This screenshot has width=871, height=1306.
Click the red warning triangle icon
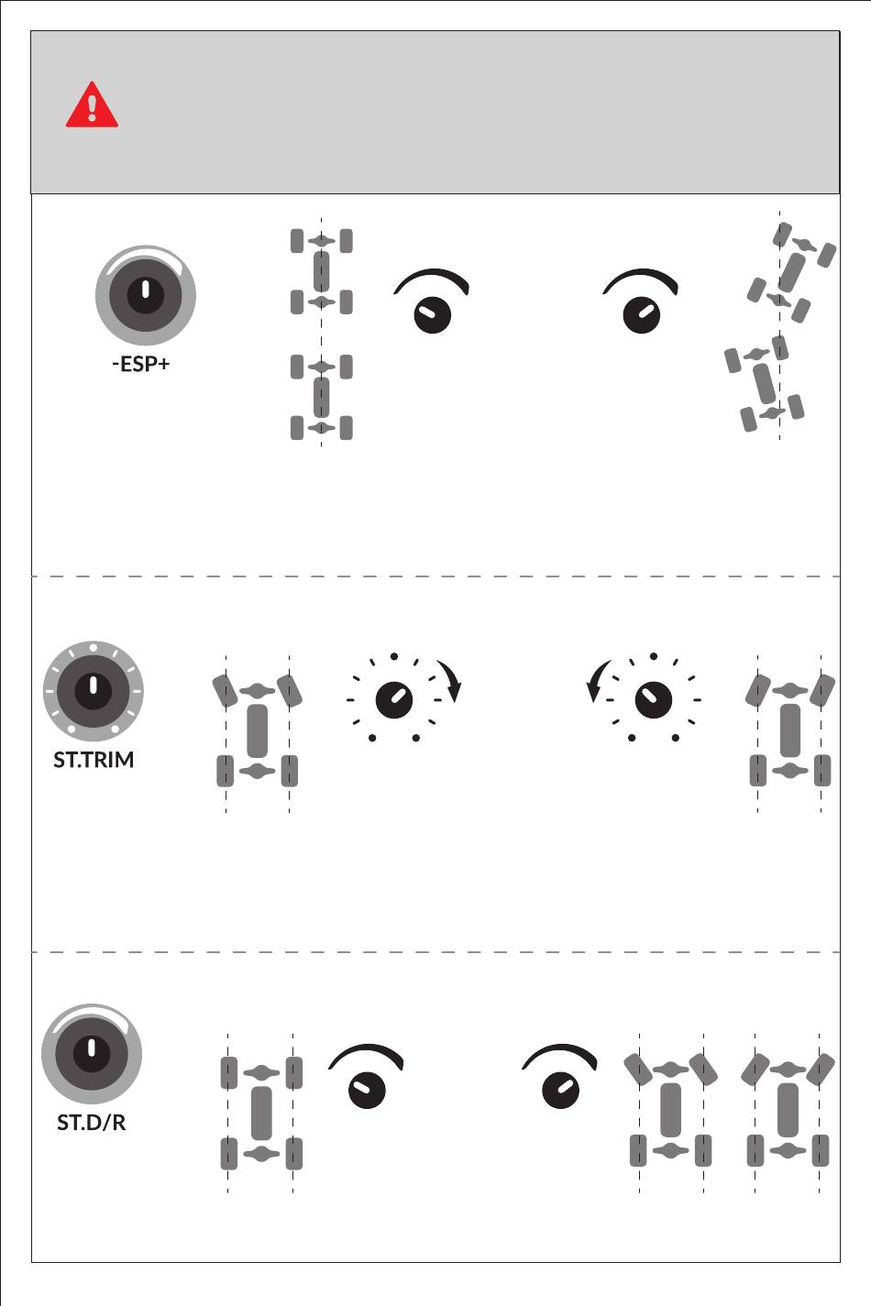(x=92, y=105)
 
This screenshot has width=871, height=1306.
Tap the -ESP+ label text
(x=141, y=364)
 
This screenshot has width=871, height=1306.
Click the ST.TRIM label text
(x=94, y=760)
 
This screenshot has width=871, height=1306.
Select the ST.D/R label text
(x=92, y=1122)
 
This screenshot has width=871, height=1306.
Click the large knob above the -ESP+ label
(x=145, y=295)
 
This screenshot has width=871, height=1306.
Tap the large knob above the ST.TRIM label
(x=94, y=690)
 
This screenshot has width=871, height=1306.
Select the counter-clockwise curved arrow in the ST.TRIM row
(x=596, y=680)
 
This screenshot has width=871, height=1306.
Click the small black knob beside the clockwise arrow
(x=394, y=699)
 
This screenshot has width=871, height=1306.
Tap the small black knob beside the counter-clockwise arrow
(x=654, y=699)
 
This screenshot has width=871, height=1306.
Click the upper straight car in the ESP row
(x=321, y=271)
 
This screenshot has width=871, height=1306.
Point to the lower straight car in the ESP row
(x=321, y=397)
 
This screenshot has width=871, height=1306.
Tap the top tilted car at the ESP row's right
(x=791, y=271)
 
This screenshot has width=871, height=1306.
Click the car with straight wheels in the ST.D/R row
(x=261, y=1112)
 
